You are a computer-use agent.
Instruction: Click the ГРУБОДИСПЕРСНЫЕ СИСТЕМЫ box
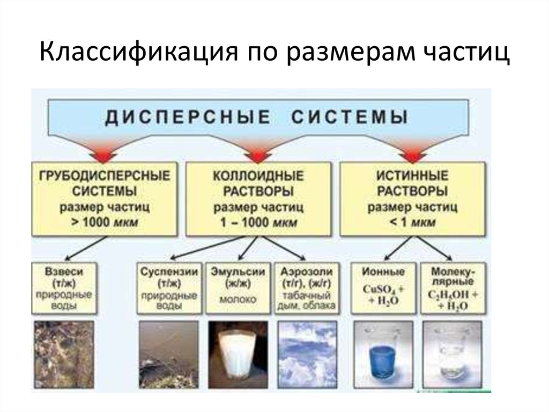105,199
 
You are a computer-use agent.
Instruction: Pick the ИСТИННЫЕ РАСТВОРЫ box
413,199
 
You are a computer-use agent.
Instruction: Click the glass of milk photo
238,355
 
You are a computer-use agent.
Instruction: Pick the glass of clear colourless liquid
451,355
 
